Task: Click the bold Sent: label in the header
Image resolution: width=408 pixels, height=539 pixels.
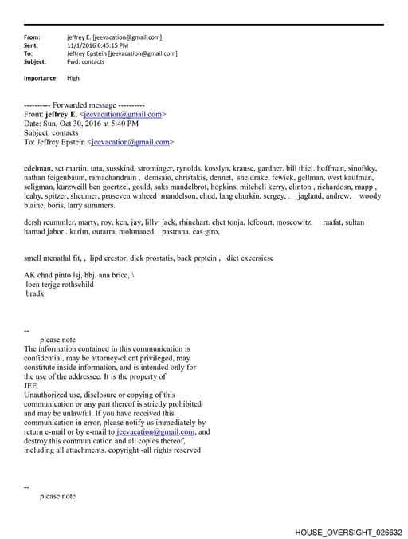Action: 33,45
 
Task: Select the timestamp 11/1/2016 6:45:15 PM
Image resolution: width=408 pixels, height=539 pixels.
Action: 97,45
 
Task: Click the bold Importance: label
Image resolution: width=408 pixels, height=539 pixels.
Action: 41,78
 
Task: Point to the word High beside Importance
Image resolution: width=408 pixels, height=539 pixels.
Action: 73,78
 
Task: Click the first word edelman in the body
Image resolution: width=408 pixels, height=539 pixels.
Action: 40,169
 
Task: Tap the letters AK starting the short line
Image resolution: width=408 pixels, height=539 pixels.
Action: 30,275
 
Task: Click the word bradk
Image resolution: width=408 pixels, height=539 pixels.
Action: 35,293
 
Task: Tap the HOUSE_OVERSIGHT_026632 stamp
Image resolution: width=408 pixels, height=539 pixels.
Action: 348,532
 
